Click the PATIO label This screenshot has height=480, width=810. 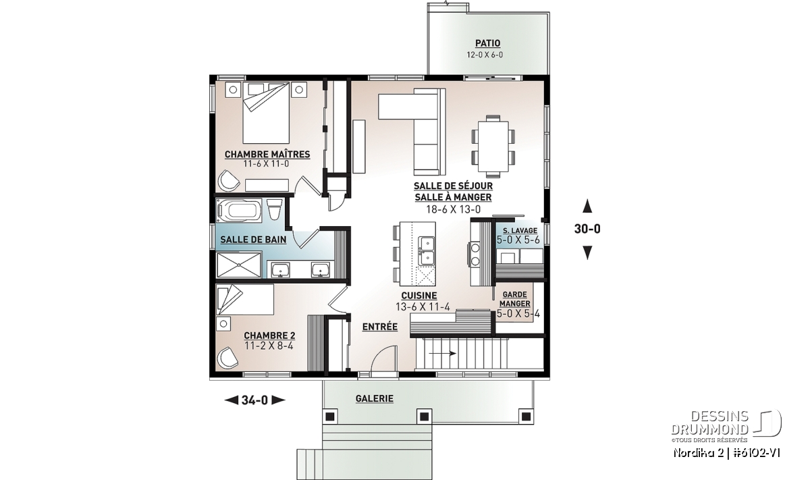(488, 43)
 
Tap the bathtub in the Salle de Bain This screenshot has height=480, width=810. (239, 210)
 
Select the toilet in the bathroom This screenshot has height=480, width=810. (274, 210)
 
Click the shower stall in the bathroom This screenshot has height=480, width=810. (239, 265)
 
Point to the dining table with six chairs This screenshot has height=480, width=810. (493, 146)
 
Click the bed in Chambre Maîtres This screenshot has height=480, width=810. (266, 113)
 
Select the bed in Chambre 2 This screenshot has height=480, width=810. (245, 299)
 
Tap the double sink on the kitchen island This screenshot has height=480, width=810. (426, 251)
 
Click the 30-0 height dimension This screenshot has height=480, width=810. (587, 229)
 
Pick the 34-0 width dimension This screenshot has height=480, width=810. (254, 400)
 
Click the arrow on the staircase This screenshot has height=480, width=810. (442, 353)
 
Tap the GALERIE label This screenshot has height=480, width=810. (374, 398)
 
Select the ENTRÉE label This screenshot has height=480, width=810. (379, 327)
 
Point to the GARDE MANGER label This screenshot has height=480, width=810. (514, 299)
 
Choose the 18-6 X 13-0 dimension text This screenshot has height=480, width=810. (454, 209)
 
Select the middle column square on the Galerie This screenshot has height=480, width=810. (424, 417)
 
